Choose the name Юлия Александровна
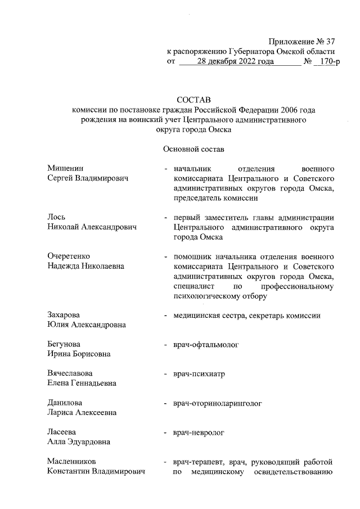pos(87,325)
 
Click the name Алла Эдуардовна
pos(79,442)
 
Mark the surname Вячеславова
pos(70,373)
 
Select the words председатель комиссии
pos(216,198)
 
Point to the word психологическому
pos(207,296)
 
